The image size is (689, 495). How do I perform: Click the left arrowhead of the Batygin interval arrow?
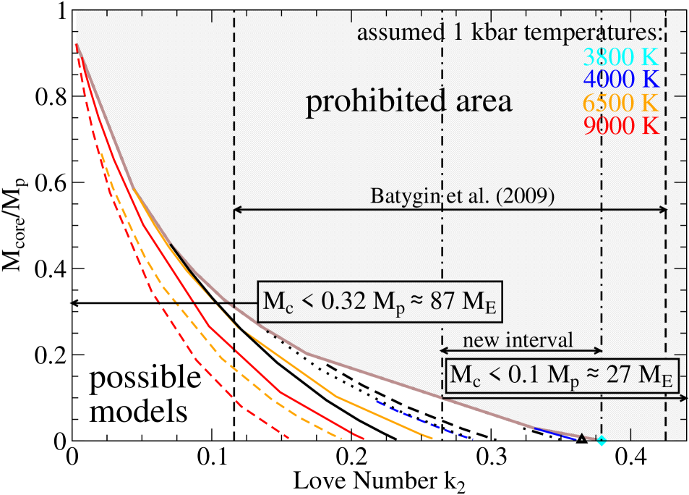[x=237, y=211]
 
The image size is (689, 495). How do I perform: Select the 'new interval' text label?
[x=518, y=339]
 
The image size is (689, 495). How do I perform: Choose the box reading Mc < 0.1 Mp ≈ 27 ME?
[x=561, y=376]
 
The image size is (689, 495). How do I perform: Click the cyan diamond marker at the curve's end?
[x=601, y=440]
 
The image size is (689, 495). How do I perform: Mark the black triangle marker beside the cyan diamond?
[x=582, y=436]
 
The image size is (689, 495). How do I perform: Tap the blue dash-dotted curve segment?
[x=423, y=420]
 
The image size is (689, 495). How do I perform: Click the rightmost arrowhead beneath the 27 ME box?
[x=684, y=397]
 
